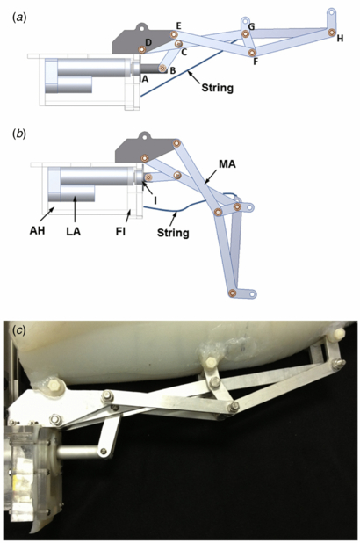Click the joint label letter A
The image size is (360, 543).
(146, 77)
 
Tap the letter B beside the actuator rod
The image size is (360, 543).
(172, 70)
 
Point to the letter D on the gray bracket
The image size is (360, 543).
(148, 42)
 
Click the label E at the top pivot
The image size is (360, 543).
(178, 25)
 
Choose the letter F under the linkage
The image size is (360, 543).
(255, 62)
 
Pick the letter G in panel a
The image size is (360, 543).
(252, 27)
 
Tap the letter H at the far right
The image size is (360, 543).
(340, 38)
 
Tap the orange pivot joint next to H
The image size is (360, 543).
(332, 33)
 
